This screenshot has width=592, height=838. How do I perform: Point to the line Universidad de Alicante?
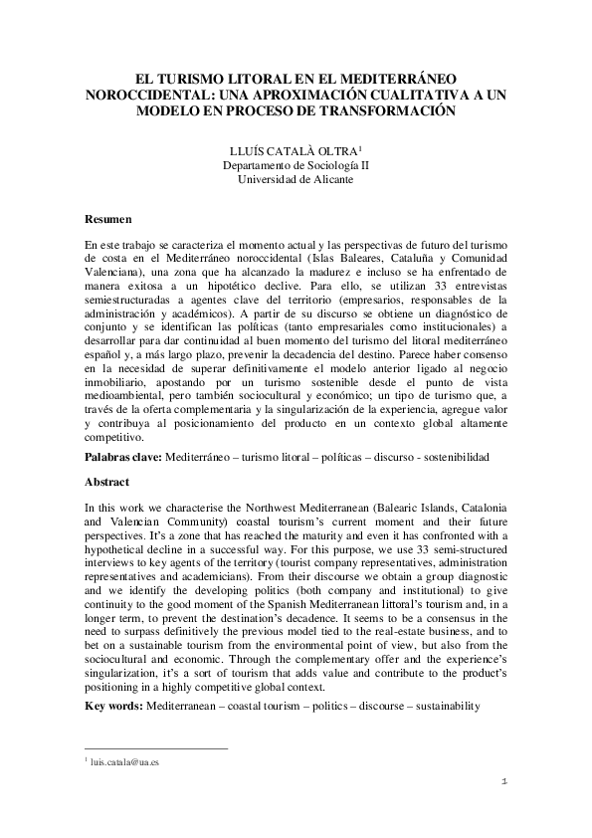tap(296, 180)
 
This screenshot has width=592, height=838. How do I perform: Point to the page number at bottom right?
tap(504, 782)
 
